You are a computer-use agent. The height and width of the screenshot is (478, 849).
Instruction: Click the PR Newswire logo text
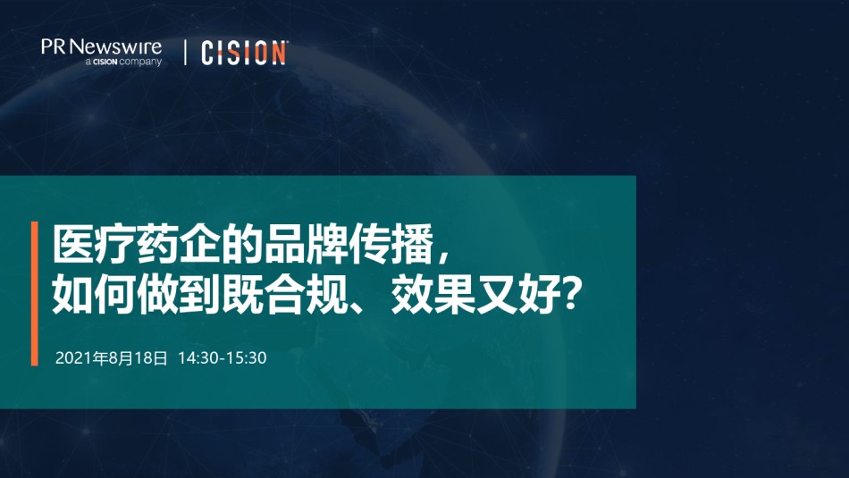click(x=101, y=46)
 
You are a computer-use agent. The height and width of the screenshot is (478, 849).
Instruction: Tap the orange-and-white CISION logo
click(x=244, y=53)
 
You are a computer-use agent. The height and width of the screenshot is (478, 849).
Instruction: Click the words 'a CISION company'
click(x=123, y=62)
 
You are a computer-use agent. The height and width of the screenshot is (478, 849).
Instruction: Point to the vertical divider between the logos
click(x=186, y=53)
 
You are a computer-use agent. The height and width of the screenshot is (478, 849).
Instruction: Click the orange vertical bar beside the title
click(x=35, y=293)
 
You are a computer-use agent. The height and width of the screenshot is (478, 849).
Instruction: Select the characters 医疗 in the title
click(x=94, y=244)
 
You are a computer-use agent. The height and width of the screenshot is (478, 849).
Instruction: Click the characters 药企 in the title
click(x=178, y=244)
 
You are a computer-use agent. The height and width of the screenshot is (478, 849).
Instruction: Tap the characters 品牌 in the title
click(x=306, y=244)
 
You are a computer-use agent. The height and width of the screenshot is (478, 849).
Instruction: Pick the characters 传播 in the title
click(x=391, y=244)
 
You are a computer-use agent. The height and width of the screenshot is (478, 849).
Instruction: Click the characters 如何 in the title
click(x=94, y=295)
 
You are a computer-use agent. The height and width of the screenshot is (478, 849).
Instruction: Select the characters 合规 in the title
click(x=306, y=295)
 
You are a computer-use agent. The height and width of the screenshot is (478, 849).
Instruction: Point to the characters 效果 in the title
click(x=433, y=295)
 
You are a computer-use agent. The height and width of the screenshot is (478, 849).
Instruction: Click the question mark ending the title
click(x=570, y=295)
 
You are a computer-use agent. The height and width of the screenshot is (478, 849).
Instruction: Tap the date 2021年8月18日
click(x=112, y=357)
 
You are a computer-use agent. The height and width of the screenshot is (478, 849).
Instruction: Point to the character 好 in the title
click(x=539, y=295)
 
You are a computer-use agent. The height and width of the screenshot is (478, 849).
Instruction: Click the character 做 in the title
click(x=157, y=295)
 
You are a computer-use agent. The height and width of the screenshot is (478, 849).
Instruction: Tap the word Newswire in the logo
click(x=115, y=46)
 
